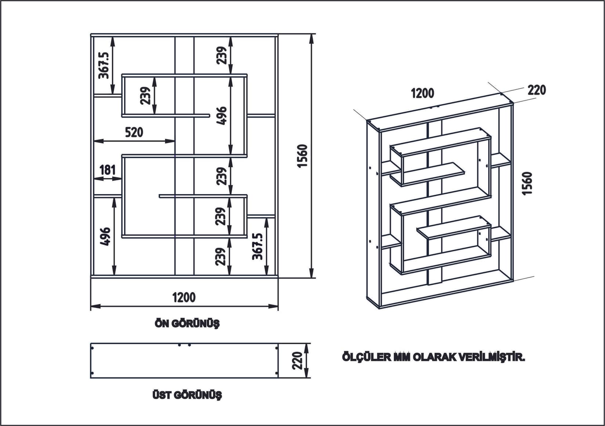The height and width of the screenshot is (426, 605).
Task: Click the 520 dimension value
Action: pos(134,132)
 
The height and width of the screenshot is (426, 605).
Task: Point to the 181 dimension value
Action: pos(108,170)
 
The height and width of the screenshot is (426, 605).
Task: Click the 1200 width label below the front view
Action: pos(184,297)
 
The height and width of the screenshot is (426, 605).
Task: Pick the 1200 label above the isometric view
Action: pos(422,93)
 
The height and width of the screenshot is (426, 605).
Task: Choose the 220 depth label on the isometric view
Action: pos(537,90)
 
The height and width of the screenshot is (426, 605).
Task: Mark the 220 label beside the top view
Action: pos(298,361)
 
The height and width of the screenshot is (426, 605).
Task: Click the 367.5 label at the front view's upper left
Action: pos(104,65)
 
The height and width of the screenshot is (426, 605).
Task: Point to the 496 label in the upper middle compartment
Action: pos(221,116)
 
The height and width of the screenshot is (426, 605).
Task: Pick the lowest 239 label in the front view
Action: pos(221,257)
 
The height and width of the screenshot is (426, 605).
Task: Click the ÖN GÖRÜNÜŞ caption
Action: pos(187,324)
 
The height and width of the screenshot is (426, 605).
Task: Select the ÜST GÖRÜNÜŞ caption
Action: pos(187,395)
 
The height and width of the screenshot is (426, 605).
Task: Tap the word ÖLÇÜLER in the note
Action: pos(366,357)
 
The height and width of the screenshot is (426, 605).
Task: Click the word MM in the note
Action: pos(402,357)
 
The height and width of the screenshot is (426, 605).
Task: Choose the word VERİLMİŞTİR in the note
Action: pos(492,357)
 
